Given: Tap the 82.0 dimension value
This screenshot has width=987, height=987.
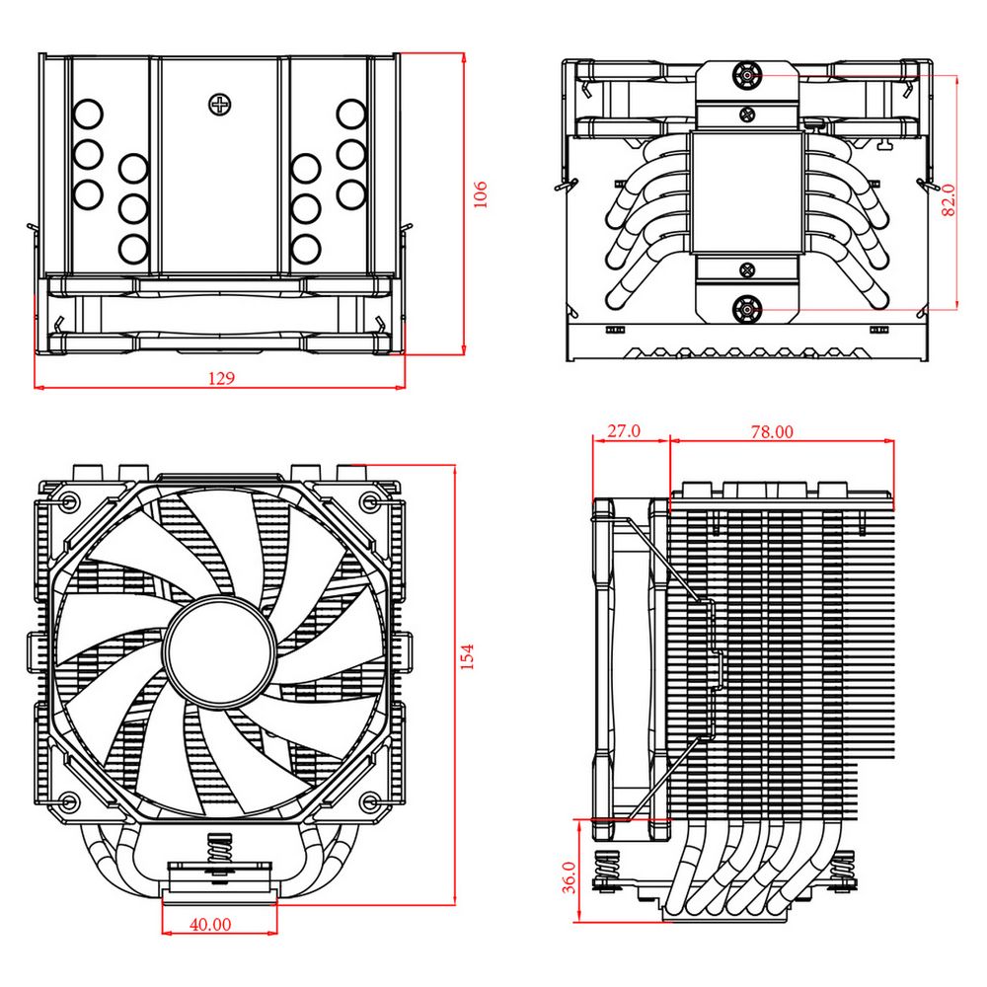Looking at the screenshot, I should tap(948, 200).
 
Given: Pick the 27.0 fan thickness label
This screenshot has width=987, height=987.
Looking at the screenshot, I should tap(623, 431).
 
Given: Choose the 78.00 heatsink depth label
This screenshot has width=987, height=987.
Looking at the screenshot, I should tap(772, 431).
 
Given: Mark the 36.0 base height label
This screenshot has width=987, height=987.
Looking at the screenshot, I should tap(568, 876).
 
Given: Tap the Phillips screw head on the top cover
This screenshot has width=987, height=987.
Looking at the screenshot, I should tap(218, 104).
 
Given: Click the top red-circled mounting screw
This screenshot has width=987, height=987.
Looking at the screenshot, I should tap(747, 75).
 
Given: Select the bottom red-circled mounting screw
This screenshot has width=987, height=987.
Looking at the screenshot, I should tap(747, 310).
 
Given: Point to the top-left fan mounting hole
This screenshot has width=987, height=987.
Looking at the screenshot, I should tap(68, 502).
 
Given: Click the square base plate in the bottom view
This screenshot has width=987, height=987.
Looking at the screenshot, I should tap(747, 191).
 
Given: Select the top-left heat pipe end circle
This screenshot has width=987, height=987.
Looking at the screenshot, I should tap(88, 113).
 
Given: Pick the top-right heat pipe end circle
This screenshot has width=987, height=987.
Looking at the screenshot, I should tap(350, 113).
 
